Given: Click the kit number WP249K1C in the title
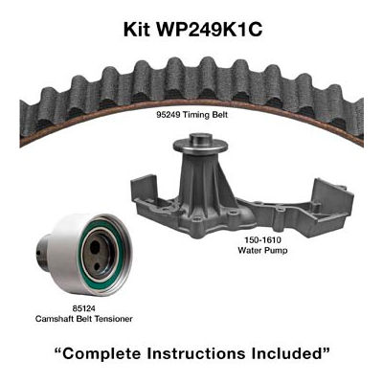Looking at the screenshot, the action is coord(209,30).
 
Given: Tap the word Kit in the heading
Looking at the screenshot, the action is coord(137,30).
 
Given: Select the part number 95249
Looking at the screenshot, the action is coord(168,115).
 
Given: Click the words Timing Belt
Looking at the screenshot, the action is coord(205,115).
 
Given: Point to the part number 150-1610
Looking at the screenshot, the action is coord(262,239).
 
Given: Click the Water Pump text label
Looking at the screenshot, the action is coord(262,250).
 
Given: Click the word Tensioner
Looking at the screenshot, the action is coord(114,319).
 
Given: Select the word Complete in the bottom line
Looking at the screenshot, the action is coord(99,353).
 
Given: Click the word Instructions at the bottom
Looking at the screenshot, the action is coord(196,353).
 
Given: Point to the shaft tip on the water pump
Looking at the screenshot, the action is coord(200,139).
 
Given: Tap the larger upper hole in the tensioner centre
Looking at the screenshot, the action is coord(95,247).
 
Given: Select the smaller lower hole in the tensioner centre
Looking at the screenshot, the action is coord(99,265).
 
